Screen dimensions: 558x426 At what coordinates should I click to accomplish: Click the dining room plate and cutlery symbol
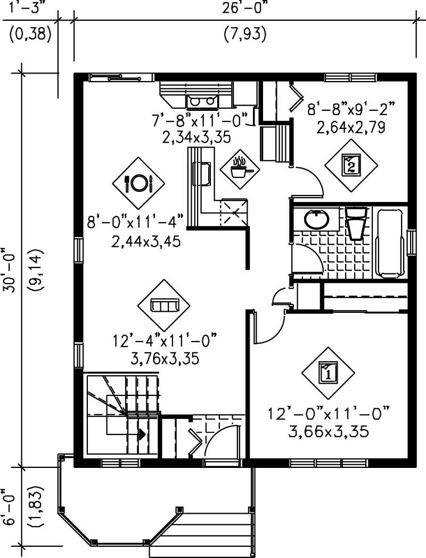pyautogui.click(x=138, y=183)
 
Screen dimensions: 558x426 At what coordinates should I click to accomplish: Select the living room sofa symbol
pyautogui.click(x=164, y=305)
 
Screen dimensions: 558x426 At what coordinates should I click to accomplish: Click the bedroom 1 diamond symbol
pyautogui.click(x=328, y=372)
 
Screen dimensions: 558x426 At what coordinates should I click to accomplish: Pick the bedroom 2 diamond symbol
pyautogui.click(x=351, y=164)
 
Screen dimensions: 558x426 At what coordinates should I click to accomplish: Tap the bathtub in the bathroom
pyautogui.click(x=392, y=242)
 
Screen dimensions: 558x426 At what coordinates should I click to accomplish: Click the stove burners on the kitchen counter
pyautogui.click(x=202, y=100)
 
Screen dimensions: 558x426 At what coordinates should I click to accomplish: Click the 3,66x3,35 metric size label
pyautogui.click(x=328, y=431)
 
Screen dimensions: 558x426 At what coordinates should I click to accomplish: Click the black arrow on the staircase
pyautogui.click(x=141, y=434)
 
